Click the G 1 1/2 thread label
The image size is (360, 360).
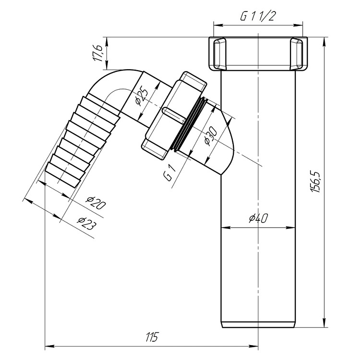point(257,16)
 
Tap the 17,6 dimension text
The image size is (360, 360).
point(98,53)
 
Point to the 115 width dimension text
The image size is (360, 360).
point(152,337)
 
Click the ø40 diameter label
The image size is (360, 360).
point(258,218)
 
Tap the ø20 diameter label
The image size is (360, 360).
point(96,203)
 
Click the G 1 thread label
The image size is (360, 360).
point(170,173)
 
